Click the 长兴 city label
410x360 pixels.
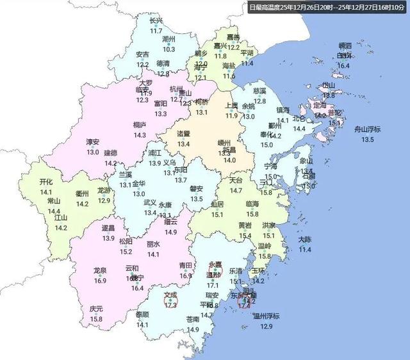156,20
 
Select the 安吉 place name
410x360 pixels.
142,54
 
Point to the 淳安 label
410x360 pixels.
93,142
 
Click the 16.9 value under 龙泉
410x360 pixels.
100,280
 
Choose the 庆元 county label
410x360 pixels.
97,309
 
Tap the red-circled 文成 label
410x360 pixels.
170,296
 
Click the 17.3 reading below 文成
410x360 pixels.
170,306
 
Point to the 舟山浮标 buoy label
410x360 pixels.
368,129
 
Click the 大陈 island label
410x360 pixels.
305,240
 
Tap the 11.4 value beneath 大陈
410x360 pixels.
305,249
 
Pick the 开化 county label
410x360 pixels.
46,182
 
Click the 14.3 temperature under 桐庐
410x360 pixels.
139,135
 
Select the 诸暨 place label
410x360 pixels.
184,135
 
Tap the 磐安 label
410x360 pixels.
197,189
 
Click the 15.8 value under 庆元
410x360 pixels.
97,318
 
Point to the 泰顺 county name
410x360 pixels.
142,315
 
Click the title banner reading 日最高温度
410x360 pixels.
328,7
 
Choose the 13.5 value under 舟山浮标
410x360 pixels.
368,139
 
